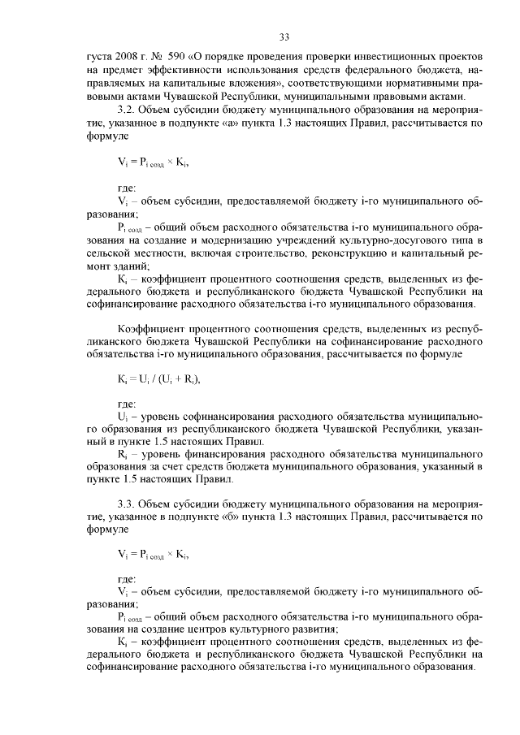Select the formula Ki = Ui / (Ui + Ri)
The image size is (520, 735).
(158, 379)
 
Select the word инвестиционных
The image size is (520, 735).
(385, 59)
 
